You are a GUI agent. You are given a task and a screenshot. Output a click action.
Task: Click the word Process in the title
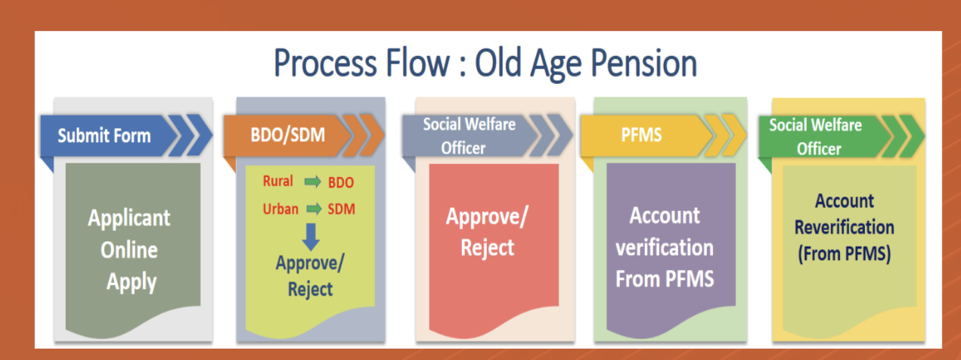click(x=323, y=64)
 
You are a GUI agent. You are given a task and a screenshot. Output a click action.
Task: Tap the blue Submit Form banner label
click(x=104, y=136)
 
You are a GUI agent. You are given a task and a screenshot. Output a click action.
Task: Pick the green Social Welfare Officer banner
click(x=817, y=136)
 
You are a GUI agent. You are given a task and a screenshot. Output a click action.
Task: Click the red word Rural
click(x=277, y=182)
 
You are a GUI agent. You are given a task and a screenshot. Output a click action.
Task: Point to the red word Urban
click(x=280, y=208)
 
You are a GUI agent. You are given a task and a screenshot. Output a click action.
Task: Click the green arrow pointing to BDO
click(x=312, y=182)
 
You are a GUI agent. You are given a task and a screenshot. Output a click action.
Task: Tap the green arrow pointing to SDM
click(x=312, y=209)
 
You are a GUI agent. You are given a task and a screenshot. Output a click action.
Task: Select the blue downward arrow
click(x=309, y=236)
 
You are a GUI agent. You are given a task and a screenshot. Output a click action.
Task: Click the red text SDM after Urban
click(x=341, y=209)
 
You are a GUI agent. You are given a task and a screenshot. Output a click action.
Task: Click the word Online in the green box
click(x=129, y=250)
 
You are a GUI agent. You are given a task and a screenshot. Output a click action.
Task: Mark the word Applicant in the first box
click(x=129, y=219)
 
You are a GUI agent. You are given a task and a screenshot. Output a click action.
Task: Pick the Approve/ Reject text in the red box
click(x=488, y=231)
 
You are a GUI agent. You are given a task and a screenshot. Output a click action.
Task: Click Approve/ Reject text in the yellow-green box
click(x=310, y=275)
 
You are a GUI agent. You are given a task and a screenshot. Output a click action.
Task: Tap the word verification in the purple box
click(x=665, y=247)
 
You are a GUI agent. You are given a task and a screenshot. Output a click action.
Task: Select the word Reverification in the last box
click(x=845, y=227)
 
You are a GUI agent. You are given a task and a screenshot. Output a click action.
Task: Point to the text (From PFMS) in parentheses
click(x=845, y=254)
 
